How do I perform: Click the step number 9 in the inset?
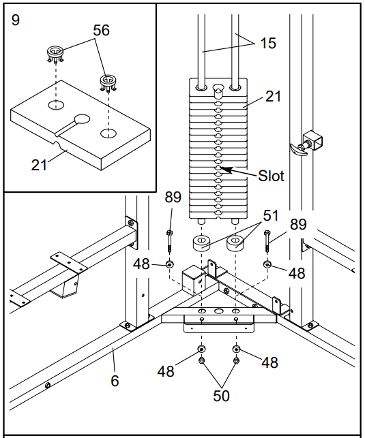16,20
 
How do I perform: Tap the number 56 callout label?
101,30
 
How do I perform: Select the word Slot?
271,176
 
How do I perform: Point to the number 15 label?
268,44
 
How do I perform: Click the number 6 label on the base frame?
115,381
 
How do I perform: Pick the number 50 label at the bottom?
221,396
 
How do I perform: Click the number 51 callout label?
271,216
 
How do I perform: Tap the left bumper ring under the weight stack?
201,243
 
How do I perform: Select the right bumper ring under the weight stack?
235,243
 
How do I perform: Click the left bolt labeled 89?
169,241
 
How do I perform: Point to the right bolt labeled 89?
267,241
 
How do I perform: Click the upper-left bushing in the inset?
55,54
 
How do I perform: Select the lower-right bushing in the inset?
108,82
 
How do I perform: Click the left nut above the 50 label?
201,360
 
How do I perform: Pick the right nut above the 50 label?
236,360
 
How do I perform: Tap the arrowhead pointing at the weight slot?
227,170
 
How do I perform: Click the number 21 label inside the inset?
39,165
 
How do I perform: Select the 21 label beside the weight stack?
273,96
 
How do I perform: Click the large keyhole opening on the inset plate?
82,119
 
